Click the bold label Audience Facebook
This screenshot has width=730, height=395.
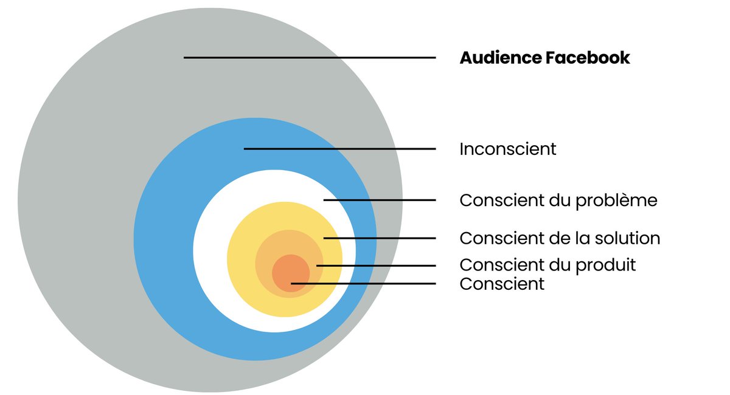coord(544,58)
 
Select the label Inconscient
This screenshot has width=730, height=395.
coord(508,149)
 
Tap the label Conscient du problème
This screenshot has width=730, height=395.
coord(558,200)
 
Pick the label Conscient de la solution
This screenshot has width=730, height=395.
coord(560,238)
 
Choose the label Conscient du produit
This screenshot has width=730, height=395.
coord(547,266)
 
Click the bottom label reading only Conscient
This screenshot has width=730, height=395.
coord(502,284)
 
